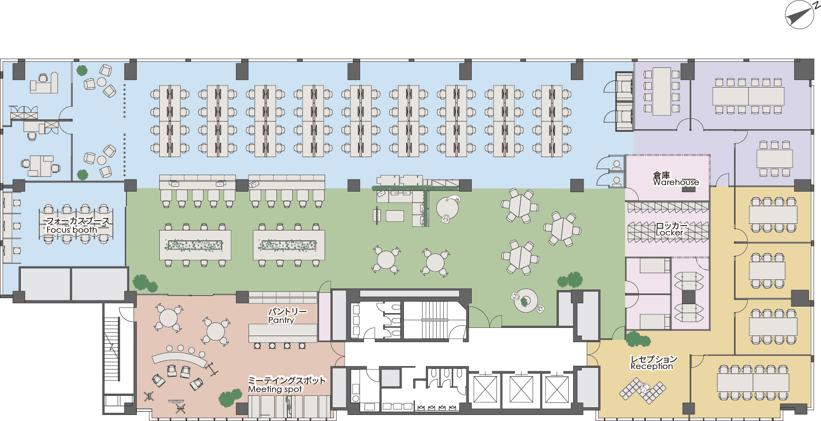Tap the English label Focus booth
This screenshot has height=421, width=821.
(x=72, y=230)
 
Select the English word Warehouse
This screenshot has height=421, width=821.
(x=676, y=182)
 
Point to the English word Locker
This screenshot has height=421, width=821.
(x=669, y=233)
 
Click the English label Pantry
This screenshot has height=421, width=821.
(x=281, y=320)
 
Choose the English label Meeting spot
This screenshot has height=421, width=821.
(x=275, y=389)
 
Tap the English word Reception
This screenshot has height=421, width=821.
(x=651, y=366)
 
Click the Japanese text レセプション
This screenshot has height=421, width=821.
(x=654, y=359)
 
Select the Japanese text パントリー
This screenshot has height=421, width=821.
(x=287, y=312)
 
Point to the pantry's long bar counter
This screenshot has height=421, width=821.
(x=283, y=333)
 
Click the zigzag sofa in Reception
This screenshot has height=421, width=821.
(x=643, y=391)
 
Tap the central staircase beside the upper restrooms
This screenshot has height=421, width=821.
(x=435, y=320)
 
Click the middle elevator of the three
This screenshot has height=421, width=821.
(x=521, y=389)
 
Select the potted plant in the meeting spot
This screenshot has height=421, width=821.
(x=230, y=398)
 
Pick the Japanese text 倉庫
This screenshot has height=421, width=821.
(x=662, y=175)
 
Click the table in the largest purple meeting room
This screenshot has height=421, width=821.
(x=748, y=96)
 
